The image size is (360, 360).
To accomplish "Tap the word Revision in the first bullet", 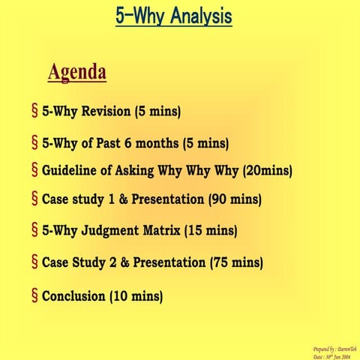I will (104, 112).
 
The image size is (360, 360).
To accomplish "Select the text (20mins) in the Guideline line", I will (267, 170).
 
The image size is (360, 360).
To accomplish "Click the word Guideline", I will (76, 170).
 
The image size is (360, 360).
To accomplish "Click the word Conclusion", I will (73, 296).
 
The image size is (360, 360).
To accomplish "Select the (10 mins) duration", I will (136, 296).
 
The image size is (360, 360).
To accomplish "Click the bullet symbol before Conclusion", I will (34, 295).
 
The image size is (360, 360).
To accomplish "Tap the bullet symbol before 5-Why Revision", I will (34, 112).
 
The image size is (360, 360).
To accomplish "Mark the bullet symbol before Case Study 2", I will (34, 262).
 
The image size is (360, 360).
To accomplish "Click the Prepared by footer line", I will (335, 349).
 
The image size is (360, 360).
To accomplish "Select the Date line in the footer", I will (335, 356).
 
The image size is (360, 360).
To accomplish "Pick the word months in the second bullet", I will (172, 142).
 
